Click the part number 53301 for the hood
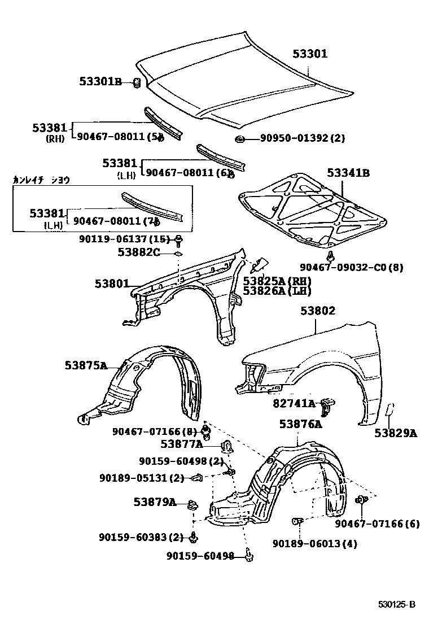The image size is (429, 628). coord(310,54)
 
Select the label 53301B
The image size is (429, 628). coord(100,82)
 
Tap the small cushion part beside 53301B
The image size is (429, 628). coord(136,84)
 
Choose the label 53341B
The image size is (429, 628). coord(348,173)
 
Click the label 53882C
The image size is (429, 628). coord(139,252)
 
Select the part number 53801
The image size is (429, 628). coord(112,284)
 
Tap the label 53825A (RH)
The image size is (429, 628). coord(277,281)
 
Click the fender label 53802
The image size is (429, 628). coord(317,311)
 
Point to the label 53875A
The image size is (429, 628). coord(86,365)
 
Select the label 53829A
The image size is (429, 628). coord(395,433)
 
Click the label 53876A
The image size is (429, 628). coord(300,424)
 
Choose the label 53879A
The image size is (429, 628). coord(155,501)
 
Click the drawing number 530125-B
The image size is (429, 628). coord(396,605)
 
